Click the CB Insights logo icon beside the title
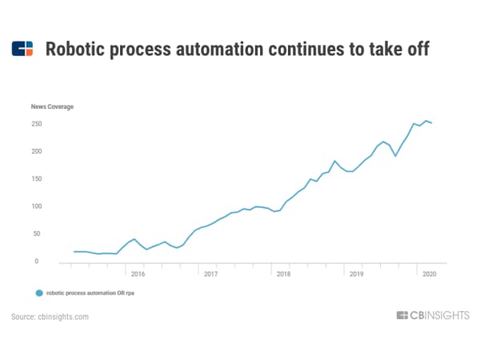(x=23, y=49)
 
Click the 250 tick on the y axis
(x=36, y=124)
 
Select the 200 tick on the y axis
(x=36, y=151)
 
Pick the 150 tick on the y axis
(x=36, y=179)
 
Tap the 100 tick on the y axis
(x=36, y=206)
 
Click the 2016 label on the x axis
(x=137, y=274)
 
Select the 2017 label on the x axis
(x=210, y=274)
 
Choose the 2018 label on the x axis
(x=283, y=274)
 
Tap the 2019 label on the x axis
(x=356, y=274)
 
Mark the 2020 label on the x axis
(x=430, y=274)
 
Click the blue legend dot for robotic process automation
(x=38, y=294)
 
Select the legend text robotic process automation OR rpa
(x=89, y=294)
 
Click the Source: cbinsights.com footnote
(x=50, y=317)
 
